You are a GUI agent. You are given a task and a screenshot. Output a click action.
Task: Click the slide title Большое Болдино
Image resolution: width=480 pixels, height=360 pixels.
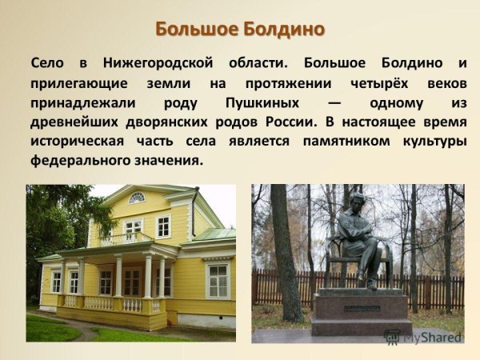240,30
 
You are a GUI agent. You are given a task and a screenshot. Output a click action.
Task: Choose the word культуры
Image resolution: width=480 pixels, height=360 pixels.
427,142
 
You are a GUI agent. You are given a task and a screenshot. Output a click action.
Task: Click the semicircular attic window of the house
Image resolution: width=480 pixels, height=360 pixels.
137,198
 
